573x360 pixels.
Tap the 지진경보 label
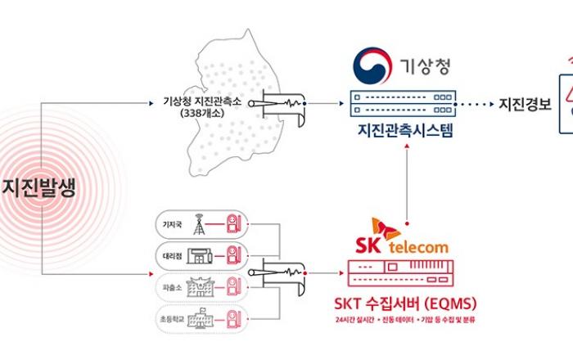[525, 105]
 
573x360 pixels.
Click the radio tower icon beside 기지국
[197, 223]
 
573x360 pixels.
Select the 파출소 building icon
[197, 286]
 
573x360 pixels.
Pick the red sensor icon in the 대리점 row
[234, 254]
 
